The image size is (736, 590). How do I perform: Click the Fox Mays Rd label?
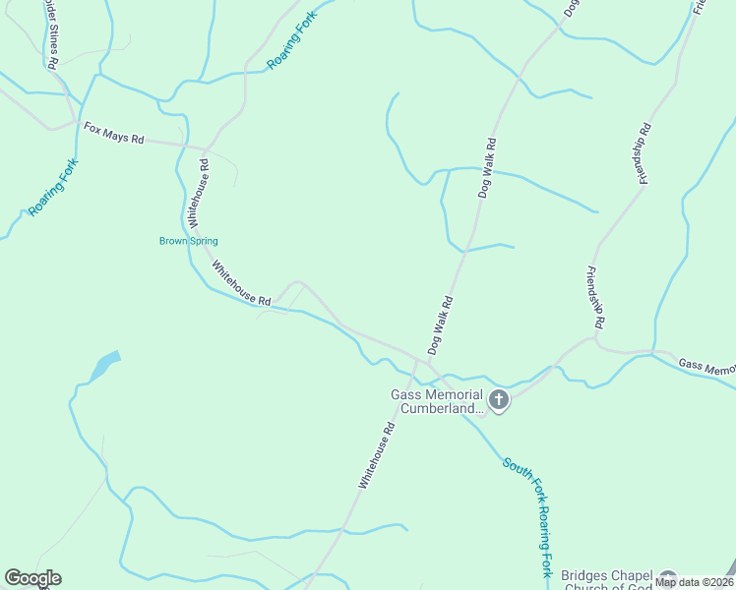pyautogui.click(x=113, y=134)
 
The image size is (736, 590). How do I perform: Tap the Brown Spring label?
pyautogui.click(x=189, y=241)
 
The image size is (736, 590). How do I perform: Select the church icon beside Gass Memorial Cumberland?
pyautogui.click(x=499, y=400)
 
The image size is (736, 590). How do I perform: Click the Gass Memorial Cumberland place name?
pyautogui.click(x=438, y=402)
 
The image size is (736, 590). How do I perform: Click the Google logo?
pyautogui.click(x=32, y=578)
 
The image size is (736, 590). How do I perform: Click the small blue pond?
pyautogui.click(x=105, y=366)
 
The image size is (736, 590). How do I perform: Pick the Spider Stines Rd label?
pyautogui.click(x=50, y=34)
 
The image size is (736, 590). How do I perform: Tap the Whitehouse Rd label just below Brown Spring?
pyautogui.click(x=241, y=283)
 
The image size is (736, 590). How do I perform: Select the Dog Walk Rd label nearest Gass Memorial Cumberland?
pyautogui.click(x=440, y=325)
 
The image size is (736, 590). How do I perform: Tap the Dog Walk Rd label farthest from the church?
pyautogui.click(x=571, y=8)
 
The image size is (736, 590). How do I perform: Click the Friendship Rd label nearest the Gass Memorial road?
pyautogui.click(x=594, y=296)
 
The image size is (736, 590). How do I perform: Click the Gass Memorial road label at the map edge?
pyautogui.click(x=707, y=367)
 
